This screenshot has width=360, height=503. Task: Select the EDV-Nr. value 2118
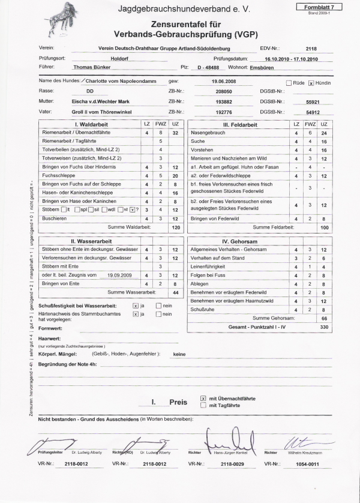[x=311, y=49]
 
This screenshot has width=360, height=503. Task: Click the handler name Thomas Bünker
[x=92, y=66]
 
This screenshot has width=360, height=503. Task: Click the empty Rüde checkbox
[x=289, y=82]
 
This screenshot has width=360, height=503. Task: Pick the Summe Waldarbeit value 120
[x=176, y=228]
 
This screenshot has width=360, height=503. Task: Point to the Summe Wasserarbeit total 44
[x=176, y=292]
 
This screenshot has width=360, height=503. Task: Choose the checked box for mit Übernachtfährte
[x=203, y=398]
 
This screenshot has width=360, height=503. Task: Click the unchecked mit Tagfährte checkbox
[x=203, y=406]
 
